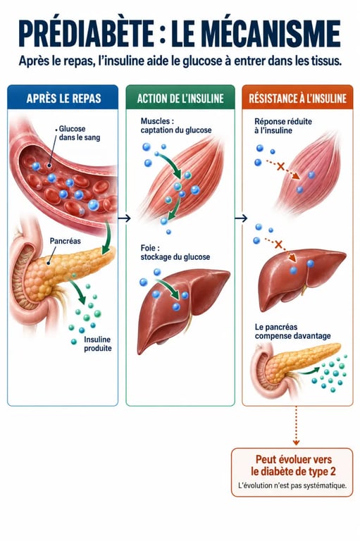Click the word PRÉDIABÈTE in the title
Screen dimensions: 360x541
[86, 34]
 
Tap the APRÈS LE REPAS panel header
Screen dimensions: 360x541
[63, 99]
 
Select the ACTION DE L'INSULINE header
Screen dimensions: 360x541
[180, 99]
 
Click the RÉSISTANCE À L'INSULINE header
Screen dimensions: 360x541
[297, 99]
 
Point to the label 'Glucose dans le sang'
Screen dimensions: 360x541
[79, 133]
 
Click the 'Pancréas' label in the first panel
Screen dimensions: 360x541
[65, 241]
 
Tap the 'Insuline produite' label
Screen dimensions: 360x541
[98, 344]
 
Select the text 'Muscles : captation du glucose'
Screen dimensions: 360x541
[175, 125]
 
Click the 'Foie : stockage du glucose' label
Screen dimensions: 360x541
[175, 252]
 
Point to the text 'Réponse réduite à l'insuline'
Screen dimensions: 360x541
[283, 126]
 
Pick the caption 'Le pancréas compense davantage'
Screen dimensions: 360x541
[292, 331]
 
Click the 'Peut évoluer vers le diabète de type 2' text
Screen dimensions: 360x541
[293, 466]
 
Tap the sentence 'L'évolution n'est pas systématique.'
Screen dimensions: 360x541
[292, 485]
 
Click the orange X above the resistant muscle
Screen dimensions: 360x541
[280, 167]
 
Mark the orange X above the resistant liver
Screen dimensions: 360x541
[278, 245]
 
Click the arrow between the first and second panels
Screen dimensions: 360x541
[124, 218]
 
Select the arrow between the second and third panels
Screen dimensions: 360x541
[241, 218]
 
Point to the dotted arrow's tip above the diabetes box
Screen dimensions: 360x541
[296, 444]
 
